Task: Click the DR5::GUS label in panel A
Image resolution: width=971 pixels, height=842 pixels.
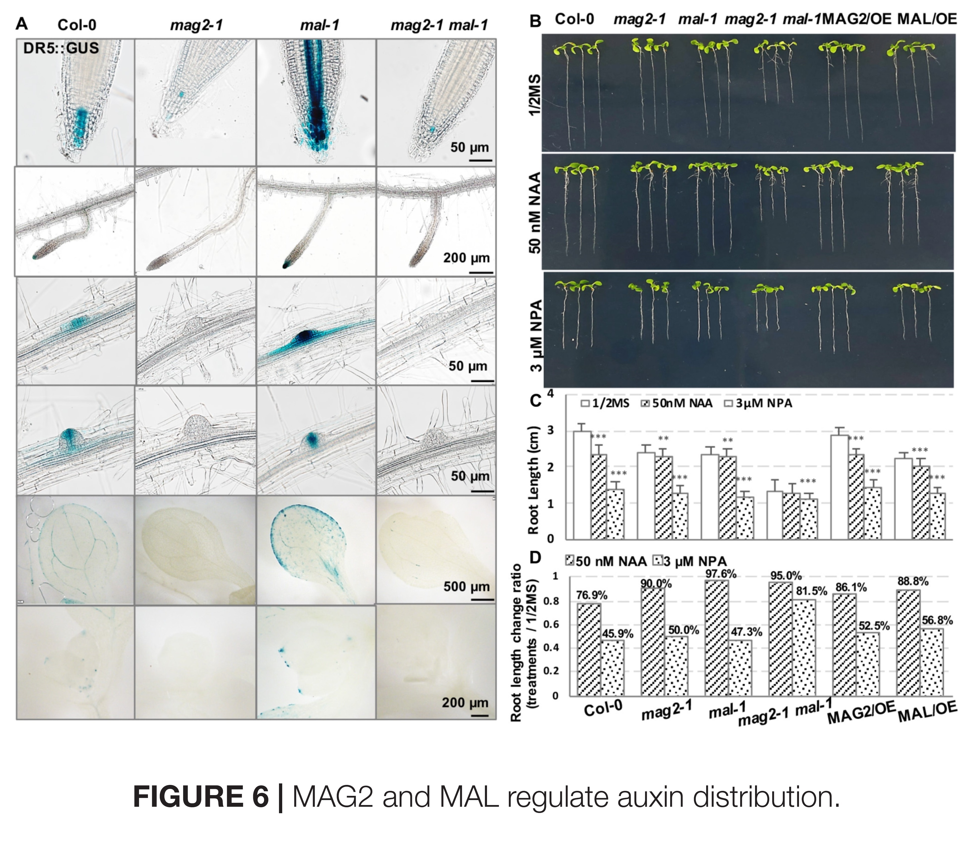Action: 61,48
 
